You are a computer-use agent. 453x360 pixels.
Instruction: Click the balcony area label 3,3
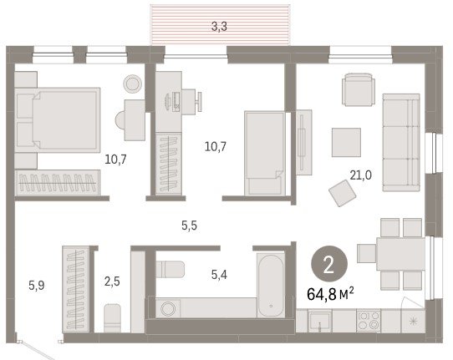pyautogui.click(x=219, y=27)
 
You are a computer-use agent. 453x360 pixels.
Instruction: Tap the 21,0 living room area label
pyautogui.click(x=361, y=175)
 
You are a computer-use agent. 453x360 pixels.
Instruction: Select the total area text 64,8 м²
pyautogui.click(x=330, y=294)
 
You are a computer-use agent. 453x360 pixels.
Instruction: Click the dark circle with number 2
pyautogui.click(x=329, y=264)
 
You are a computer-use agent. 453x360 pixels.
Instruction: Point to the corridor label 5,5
pyautogui.click(x=190, y=226)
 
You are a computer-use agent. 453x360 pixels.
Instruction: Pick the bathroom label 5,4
pyautogui.click(x=219, y=275)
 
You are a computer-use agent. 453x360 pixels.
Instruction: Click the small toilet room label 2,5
pyautogui.click(x=112, y=281)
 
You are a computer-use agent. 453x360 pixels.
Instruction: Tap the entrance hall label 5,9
pyautogui.click(x=37, y=286)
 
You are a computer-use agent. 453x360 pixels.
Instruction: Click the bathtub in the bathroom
pyautogui.click(x=271, y=285)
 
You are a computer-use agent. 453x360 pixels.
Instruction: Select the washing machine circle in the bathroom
pyautogui.click(x=168, y=309)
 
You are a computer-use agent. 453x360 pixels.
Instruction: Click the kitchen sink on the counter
pyautogui.click(x=320, y=321)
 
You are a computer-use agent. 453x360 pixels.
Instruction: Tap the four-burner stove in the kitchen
pyautogui.click(x=369, y=321)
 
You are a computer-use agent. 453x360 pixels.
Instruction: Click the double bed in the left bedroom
pyautogui.click(x=58, y=120)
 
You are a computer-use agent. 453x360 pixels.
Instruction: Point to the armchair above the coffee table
pyautogui.click(x=359, y=89)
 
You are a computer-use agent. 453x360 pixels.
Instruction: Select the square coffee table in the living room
pyautogui.click(x=346, y=142)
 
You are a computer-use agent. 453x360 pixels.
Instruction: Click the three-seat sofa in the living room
pyautogui.click(x=401, y=142)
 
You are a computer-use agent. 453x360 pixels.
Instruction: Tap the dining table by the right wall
pyautogui.click(x=400, y=254)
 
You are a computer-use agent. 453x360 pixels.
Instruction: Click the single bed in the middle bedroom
pyautogui.click(x=265, y=154)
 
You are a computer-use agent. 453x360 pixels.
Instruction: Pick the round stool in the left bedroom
pyautogui.click(x=133, y=84)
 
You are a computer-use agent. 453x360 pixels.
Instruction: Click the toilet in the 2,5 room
pyautogui.click(x=112, y=318)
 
